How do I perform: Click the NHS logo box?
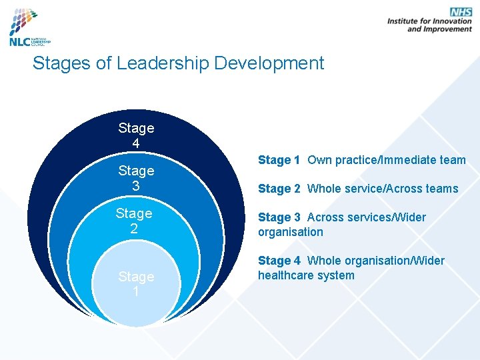pyautogui.click(x=461, y=11)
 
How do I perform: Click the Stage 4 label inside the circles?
pyautogui.click(x=136, y=135)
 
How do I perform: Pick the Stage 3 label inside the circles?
pyautogui.click(x=136, y=178)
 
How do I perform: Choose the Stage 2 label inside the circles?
pyautogui.click(x=134, y=221)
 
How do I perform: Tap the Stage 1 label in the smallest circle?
pyautogui.click(x=136, y=284)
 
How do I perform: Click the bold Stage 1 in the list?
pyautogui.click(x=279, y=160)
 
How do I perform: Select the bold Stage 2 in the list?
pyautogui.click(x=279, y=189)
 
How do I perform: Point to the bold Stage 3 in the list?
pyautogui.click(x=279, y=217)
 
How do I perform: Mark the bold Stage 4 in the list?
pyautogui.click(x=279, y=261)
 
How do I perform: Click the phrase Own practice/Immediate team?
pyautogui.click(x=387, y=160)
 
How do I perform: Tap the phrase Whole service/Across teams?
pyautogui.click(x=383, y=189)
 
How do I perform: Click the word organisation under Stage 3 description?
pyautogui.click(x=290, y=232)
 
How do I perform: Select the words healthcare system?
pyautogui.click(x=306, y=275)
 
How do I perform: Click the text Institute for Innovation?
pyautogui.click(x=429, y=21)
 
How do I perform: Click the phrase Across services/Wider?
pyautogui.click(x=367, y=217)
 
